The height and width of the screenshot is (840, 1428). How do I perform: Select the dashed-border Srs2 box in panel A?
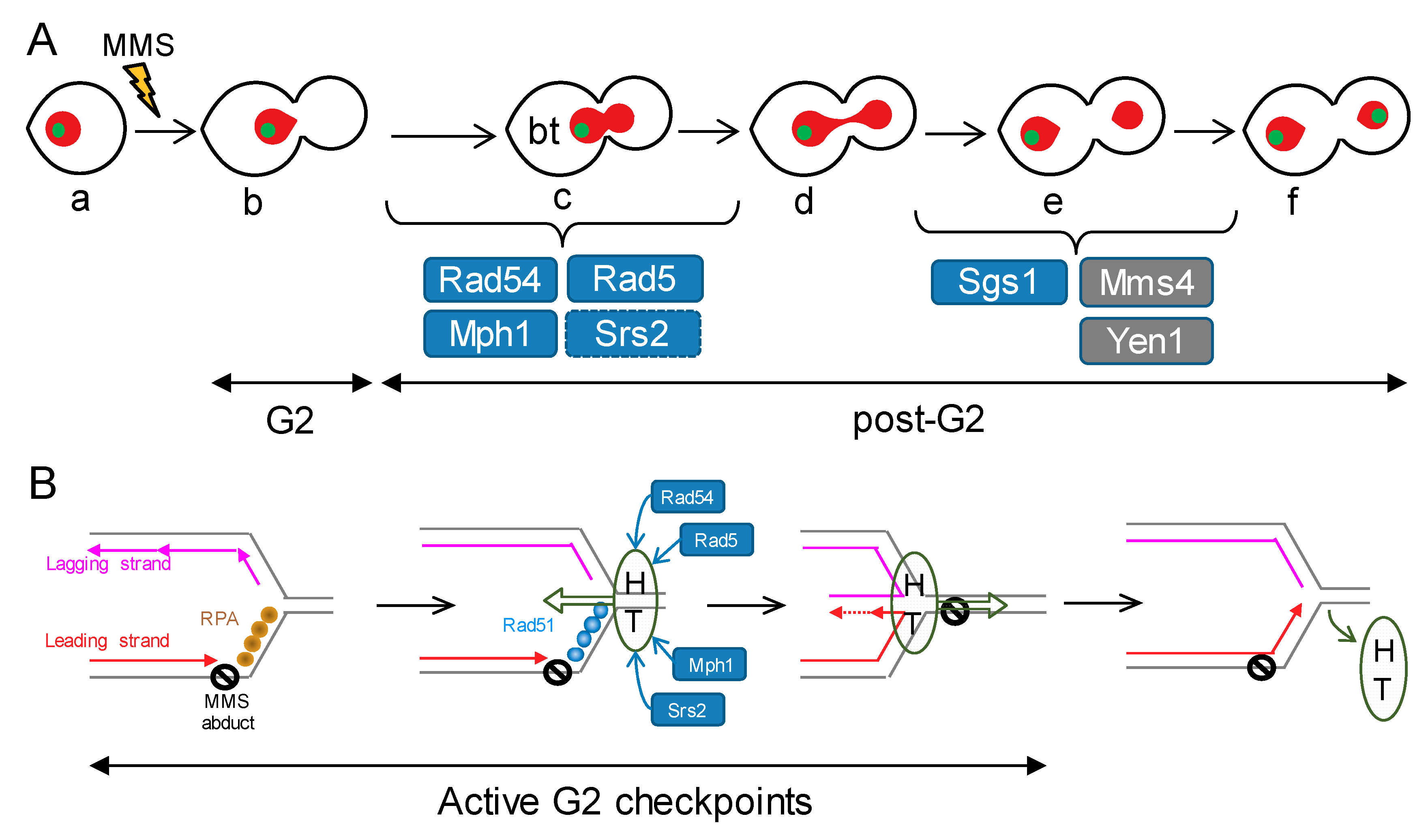pos(633,333)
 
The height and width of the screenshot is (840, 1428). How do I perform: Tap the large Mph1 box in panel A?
pos(490,333)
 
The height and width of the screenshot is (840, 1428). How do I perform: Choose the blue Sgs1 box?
pos(999,282)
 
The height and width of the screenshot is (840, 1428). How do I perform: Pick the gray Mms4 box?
pos(1146,282)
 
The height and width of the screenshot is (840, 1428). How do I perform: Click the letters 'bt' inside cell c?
pos(543,131)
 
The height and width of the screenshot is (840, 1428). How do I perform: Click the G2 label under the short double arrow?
pos(289,420)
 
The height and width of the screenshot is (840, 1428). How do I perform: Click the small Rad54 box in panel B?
pos(687,497)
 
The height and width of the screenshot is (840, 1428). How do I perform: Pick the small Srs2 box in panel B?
pos(687,710)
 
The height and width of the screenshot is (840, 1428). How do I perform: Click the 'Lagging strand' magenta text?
pos(108,564)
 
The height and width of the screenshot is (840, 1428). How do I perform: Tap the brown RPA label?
pos(219,618)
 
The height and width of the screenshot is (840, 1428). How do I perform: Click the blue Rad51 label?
pos(528,625)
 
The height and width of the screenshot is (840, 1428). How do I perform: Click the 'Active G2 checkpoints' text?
pos(624,802)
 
